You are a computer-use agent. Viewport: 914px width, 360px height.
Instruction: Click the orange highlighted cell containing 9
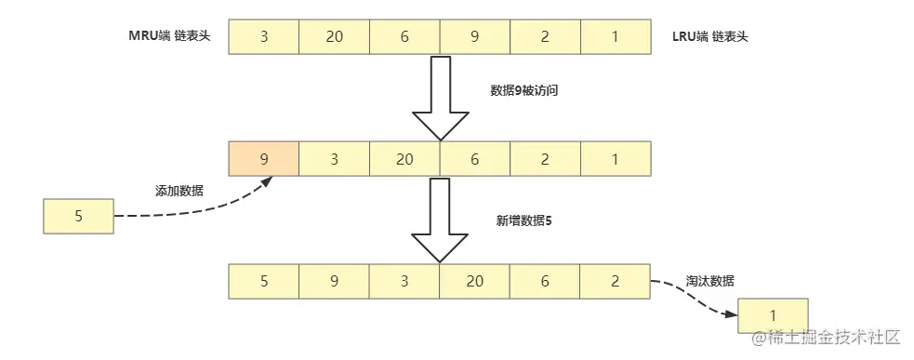tap(264, 159)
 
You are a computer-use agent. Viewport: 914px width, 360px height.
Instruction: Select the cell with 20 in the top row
tap(335, 36)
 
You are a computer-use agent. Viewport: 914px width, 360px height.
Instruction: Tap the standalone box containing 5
tap(78, 216)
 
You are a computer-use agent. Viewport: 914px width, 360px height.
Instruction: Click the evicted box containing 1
tap(773, 316)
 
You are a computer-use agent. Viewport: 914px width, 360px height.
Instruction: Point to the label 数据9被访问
tap(523, 91)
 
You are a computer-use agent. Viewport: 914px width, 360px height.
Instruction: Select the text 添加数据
tap(179, 190)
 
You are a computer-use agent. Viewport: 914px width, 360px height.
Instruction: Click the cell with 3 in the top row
tap(264, 36)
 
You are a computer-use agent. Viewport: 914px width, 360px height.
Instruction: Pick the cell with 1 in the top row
tap(615, 36)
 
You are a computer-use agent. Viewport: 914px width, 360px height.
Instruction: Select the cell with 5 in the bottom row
tap(264, 280)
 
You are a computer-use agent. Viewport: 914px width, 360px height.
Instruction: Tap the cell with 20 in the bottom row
tap(474, 280)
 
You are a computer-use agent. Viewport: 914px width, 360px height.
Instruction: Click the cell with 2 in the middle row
tap(545, 159)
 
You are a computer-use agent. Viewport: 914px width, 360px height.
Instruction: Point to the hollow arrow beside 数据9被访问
tap(440, 98)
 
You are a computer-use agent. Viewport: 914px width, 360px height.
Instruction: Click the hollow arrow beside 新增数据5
tap(440, 221)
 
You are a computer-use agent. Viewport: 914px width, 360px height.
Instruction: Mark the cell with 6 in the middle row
tap(474, 159)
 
